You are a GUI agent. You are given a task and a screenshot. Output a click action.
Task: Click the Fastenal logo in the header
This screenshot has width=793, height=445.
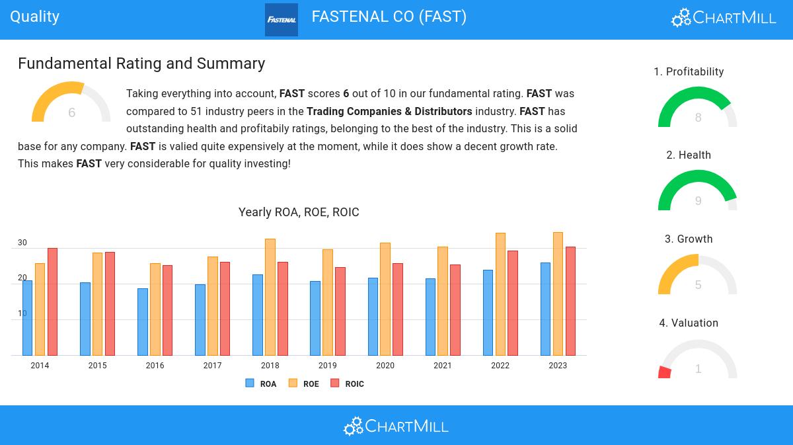click(282, 20)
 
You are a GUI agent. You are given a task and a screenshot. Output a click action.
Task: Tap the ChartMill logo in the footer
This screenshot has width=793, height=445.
click(396, 426)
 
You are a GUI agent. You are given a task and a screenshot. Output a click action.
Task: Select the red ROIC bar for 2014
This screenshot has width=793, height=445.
click(52, 302)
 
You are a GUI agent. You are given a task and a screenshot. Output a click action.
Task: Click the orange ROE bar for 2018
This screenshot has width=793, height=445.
click(270, 297)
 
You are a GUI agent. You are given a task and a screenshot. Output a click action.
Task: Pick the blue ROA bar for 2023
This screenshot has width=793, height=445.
click(545, 309)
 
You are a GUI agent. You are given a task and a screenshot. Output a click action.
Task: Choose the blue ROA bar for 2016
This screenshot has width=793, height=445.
click(142, 321)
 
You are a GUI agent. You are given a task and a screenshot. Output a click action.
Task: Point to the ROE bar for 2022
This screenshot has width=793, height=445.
click(500, 294)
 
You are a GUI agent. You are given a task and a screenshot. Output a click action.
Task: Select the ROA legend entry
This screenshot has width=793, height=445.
click(262, 384)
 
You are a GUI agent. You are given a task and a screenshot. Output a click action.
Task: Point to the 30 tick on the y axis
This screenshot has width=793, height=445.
click(22, 243)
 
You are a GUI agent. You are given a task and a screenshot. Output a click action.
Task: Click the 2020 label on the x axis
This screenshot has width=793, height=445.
click(385, 366)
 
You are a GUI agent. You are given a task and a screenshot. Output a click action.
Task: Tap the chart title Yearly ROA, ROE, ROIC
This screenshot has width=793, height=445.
click(299, 212)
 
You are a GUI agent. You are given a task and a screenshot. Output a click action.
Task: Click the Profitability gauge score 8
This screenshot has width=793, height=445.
click(698, 118)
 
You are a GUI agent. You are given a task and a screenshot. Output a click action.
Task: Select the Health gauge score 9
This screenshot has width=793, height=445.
click(698, 201)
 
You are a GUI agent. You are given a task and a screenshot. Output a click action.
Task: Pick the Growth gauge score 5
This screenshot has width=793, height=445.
click(698, 285)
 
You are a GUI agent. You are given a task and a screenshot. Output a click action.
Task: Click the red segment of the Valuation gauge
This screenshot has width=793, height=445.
click(665, 372)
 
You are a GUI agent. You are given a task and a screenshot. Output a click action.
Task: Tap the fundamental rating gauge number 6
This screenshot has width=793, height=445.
click(71, 112)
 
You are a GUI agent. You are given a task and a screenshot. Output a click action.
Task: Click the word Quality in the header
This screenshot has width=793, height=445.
click(34, 17)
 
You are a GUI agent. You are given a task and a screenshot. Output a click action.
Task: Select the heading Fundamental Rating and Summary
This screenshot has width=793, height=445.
click(141, 63)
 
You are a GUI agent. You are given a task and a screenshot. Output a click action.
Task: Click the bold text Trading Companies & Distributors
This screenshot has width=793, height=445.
click(389, 111)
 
